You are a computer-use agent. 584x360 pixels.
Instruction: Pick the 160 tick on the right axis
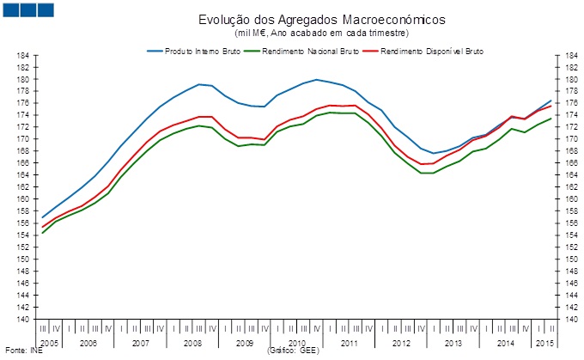[x=568, y=199]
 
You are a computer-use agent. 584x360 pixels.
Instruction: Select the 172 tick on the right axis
[x=568, y=127]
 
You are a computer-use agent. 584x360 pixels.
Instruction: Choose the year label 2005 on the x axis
[x=49, y=343]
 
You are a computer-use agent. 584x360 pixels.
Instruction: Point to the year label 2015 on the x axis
[x=544, y=343]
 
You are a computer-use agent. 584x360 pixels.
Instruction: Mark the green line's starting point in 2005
[x=42, y=233]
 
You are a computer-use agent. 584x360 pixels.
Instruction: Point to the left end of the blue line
[x=42, y=217]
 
